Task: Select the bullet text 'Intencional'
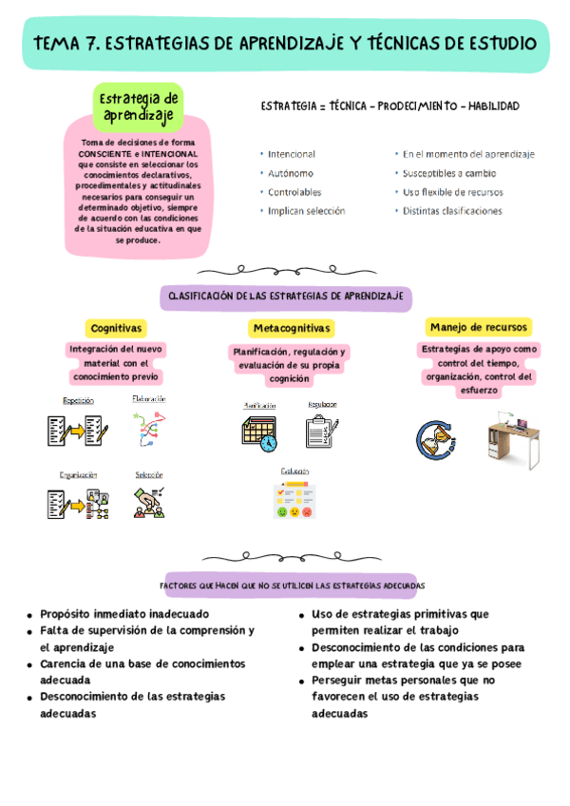(x=292, y=154)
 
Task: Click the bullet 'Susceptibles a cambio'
(x=448, y=173)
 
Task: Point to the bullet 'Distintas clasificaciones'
(x=452, y=211)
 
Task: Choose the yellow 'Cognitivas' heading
(x=117, y=328)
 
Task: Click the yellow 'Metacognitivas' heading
(x=292, y=328)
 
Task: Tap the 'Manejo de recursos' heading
(x=479, y=328)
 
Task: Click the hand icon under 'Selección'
(x=148, y=502)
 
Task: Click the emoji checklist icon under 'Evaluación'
(x=294, y=500)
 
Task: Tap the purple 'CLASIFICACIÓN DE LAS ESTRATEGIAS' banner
(x=286, y=297)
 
